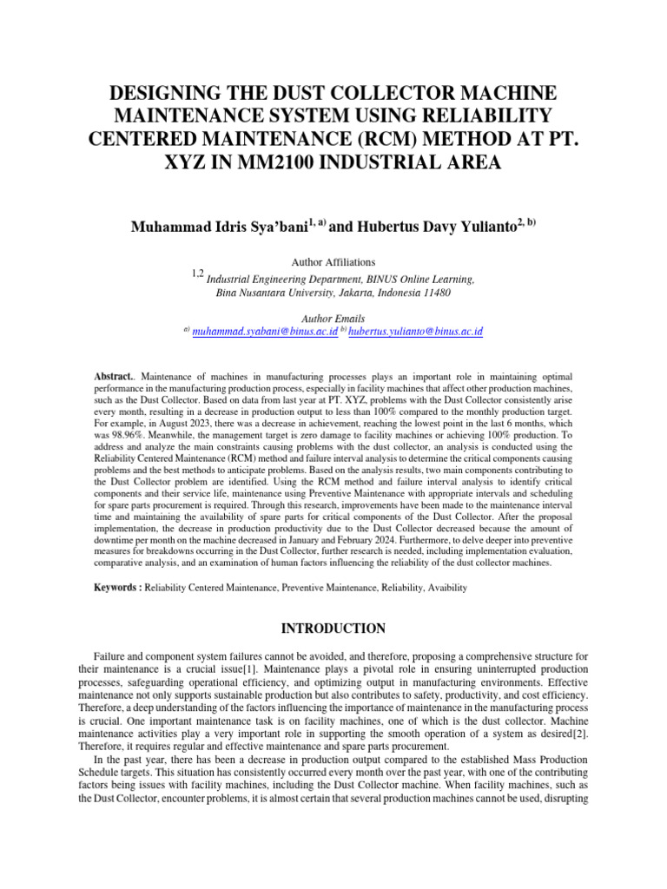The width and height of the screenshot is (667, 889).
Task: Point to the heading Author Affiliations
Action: tap(333, 261)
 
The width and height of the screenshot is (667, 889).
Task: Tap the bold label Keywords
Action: tap(117, 588)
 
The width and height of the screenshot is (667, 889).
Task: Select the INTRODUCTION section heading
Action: tap(333, 628)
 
